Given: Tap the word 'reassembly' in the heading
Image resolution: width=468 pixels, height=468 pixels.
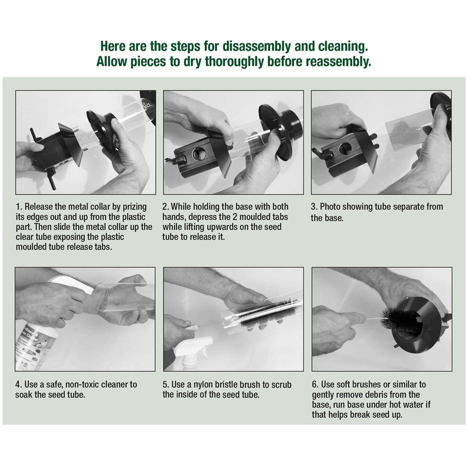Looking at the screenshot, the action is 341,61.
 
